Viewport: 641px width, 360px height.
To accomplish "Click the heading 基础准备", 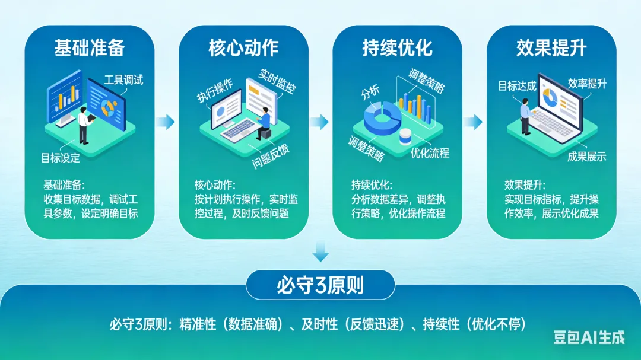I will (89, 48).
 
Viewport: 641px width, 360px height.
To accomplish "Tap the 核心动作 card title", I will (243, 48).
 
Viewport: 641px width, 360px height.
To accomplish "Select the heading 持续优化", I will (397, 48).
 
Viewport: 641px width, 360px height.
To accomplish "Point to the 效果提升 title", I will (551, 48).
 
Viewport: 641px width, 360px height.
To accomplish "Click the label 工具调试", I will (124, 79).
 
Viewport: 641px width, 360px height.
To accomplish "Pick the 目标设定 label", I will (61, 158).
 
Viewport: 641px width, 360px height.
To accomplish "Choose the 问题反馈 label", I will (271, 156).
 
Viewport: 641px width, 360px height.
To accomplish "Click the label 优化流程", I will (430, 153).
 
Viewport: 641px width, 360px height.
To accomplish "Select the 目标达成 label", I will (517, 86).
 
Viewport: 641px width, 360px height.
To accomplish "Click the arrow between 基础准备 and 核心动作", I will (166, 122).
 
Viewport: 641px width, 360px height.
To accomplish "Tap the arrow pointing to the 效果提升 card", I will (473, 122).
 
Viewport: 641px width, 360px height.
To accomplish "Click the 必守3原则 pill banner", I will (320, 285).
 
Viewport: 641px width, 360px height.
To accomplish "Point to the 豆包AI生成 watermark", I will (589, 337).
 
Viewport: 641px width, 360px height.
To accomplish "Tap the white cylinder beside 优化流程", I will (406, 136).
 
